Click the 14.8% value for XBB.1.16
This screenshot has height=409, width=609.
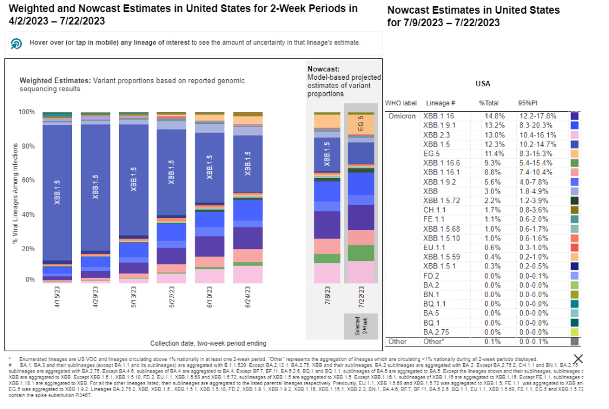[488, 116]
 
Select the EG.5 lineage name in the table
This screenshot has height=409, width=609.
[432, 154]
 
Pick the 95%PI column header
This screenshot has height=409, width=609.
[529, 103]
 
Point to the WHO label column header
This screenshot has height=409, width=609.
[401, 103]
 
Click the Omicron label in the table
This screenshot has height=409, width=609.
[402, 116]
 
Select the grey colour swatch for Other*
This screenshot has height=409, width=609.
[574, 342]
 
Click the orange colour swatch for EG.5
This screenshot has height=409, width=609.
[574, 154]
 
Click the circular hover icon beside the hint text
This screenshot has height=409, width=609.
[17, 43]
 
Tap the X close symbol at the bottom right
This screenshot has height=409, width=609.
[577, 358]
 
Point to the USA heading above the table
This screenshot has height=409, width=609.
[483, 84]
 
